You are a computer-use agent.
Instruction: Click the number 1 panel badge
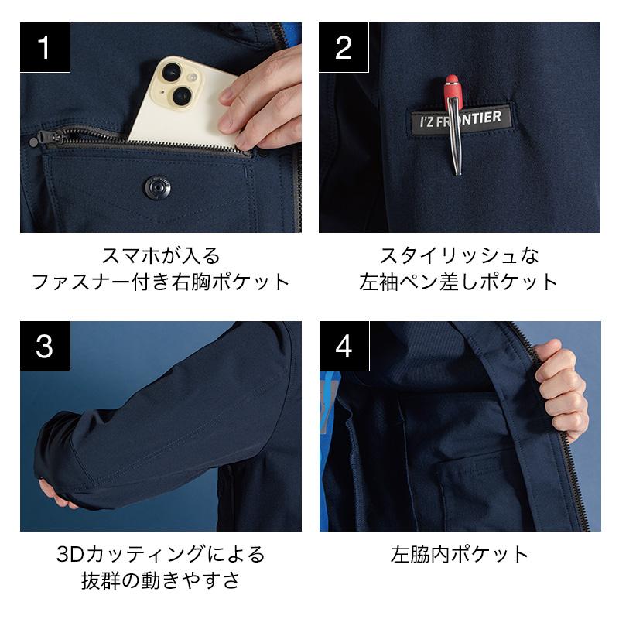coord(45,47)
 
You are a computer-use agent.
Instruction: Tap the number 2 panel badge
coord(344,47)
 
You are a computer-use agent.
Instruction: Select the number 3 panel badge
coord(45,346)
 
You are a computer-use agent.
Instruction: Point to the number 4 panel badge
coord(344,346)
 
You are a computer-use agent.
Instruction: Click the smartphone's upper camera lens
coord(172,71)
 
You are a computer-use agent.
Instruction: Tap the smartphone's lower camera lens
coord(183,95)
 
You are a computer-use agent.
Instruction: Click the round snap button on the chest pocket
coord(158,187)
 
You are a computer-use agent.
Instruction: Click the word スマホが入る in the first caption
coord(161,255)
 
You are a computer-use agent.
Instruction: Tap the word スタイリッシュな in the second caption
coord(460,255)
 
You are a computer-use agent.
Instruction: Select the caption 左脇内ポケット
coord(460,554)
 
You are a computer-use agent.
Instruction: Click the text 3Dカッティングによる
coord(161,554)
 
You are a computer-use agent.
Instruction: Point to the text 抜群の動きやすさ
coord(161,581)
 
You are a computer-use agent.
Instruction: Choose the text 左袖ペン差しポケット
coord(459,282)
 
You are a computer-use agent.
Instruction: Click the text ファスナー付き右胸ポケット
coord(161,282)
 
